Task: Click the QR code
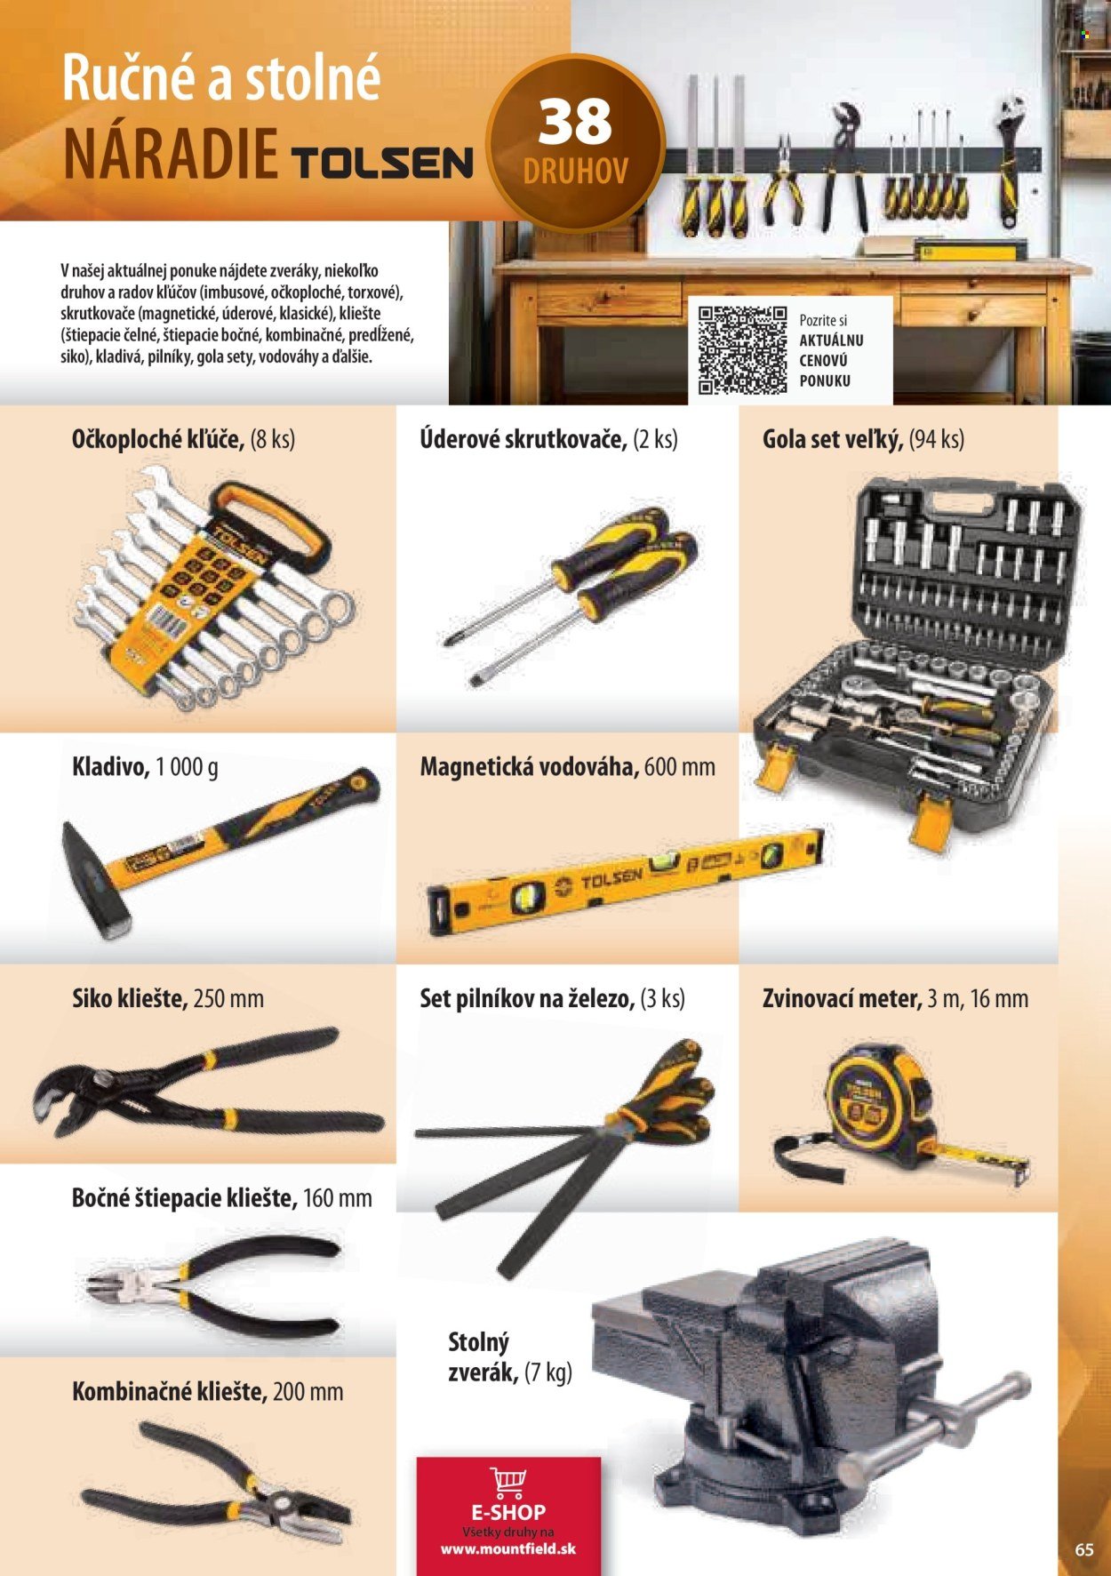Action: [743, 349]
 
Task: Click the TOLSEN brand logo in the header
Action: [382, 164]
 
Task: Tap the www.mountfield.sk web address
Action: [508, 1548]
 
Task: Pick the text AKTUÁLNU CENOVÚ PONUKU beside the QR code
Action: [831, 360]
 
